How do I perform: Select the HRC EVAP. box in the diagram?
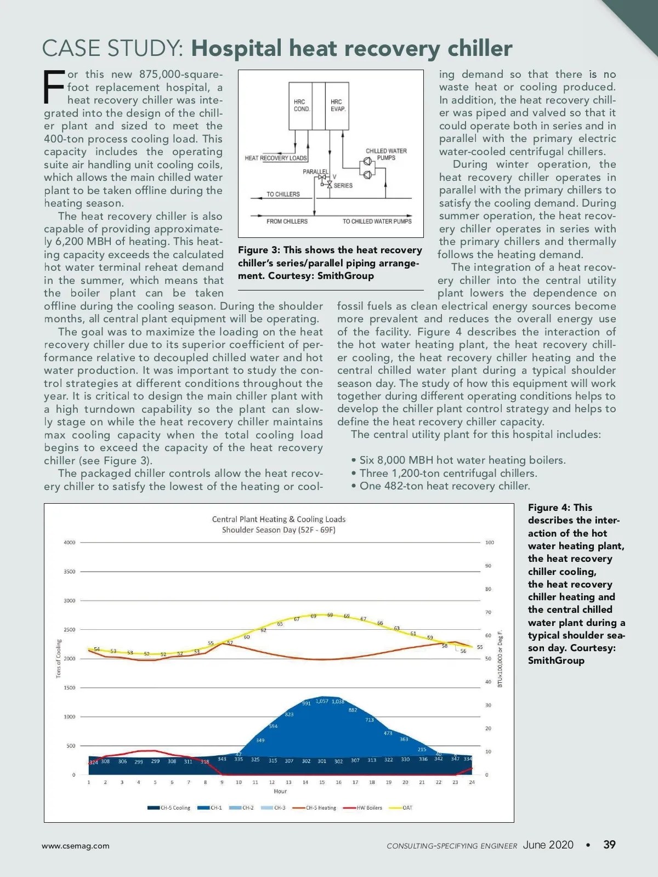pos(338,105)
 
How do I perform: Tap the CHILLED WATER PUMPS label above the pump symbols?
pos(386,154)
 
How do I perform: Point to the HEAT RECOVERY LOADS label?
pos(276,158)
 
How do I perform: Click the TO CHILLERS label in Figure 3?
pos(283,194)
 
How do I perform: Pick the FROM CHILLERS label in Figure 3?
pos(287,221)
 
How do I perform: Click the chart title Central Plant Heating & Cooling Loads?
pos(279,519)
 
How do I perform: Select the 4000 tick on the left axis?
pos(70,543)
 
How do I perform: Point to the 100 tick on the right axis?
pos(489,543)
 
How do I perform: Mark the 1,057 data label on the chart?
pos(322,701)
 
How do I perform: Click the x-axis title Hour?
pos(280,791)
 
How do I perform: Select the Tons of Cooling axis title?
pos(59,659)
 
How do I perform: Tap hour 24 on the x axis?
pos(472,782)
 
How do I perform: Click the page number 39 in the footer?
pos(609,845)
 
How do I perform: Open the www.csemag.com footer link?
pos(76,846)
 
